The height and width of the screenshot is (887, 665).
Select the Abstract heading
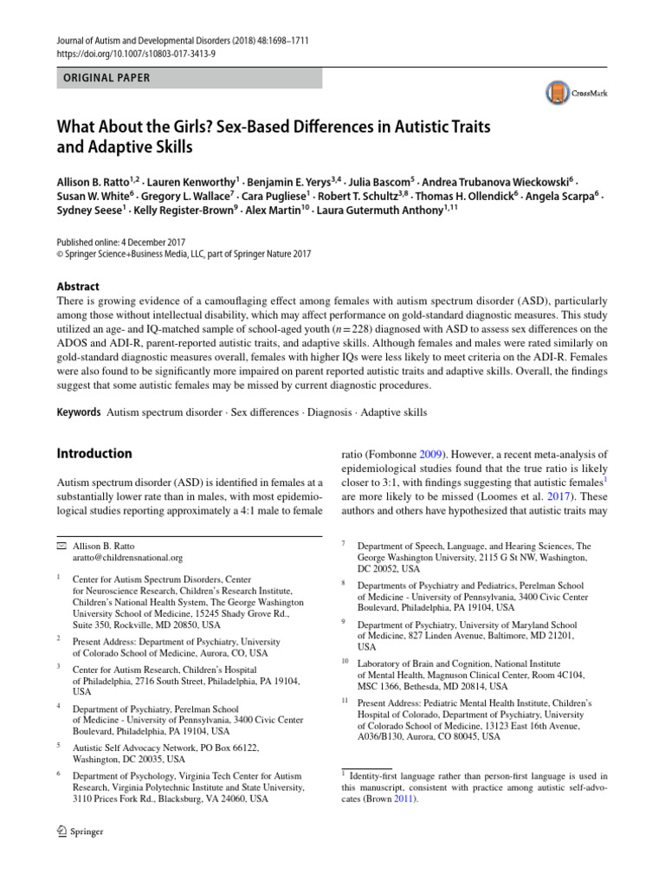click(x=78, y=287)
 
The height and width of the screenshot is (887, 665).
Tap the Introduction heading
click(x=94, y=453)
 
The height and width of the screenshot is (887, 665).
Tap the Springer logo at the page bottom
click(x=80, y=832)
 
